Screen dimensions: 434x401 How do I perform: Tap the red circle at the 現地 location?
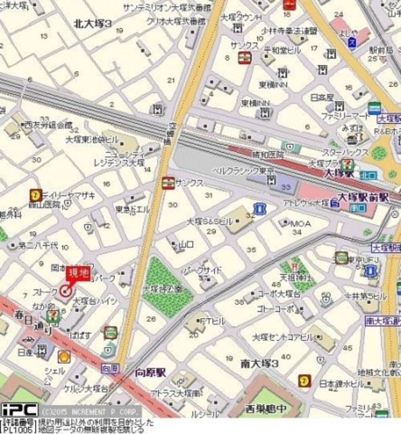[65, 292]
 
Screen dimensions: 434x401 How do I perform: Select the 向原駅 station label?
[150, 372]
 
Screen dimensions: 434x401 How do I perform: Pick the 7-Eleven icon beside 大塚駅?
[347, 165]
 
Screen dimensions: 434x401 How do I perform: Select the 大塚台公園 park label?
[163, 289]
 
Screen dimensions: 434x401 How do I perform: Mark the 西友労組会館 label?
[47, 125]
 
